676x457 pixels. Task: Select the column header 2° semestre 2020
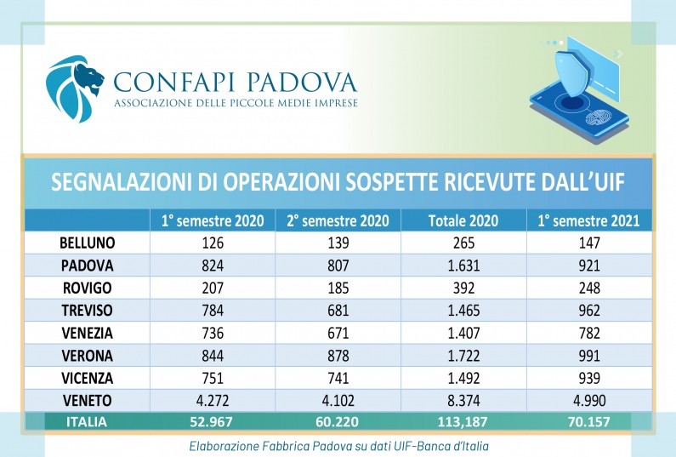[x=337, y=220]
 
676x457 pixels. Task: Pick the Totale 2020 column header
[x=462, y=220]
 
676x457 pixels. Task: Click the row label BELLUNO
[x=87, y=243]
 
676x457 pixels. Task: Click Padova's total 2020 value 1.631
[x=462, y=265]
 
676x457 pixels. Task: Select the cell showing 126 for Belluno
[x=212, y=243]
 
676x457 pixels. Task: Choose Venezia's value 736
[x=212, y=331]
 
